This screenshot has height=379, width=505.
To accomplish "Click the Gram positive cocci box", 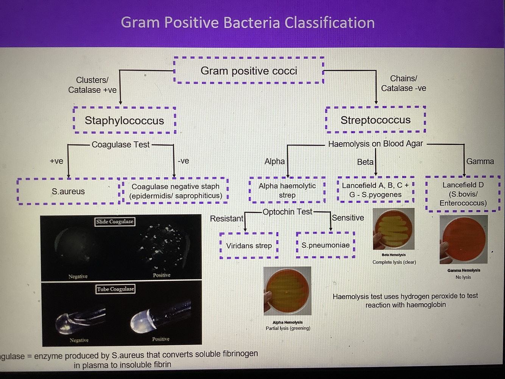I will pos(249,71).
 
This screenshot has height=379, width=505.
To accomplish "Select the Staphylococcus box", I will pos(124,120).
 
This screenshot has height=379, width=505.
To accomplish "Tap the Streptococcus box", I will pos(375,120).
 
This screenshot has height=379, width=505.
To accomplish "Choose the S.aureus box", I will pos(68,192).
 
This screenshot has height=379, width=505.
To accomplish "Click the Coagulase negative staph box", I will pos(176,191).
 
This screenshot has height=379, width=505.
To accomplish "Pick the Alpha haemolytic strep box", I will pos(287,190).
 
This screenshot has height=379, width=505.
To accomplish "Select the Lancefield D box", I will pos(463,194).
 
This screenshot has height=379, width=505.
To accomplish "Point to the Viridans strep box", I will pos(249,246).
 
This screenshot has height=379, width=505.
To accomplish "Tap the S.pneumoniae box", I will pos(326,245).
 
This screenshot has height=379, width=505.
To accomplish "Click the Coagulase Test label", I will pos(120,145).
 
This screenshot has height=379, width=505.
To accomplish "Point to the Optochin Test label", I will pos(287,212).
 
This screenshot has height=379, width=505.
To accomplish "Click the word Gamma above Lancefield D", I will pos(480,161).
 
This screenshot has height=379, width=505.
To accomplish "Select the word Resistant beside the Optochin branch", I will pos(226,218).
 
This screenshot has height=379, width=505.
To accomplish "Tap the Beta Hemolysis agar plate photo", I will pos(394,229).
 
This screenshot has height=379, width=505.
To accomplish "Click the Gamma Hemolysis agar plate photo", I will pos(463,239).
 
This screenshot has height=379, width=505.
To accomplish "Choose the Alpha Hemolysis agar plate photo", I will pos(287,291).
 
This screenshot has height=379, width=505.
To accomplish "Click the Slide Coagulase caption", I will pos(115,221).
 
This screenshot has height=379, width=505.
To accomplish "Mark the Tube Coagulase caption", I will pos(115,289).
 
